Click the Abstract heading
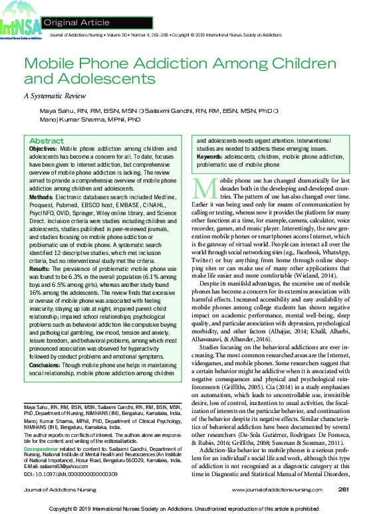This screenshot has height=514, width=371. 47,141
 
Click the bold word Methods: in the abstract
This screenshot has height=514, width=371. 42,198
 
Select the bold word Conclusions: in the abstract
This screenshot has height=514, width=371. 45,365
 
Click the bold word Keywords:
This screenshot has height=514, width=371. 210,157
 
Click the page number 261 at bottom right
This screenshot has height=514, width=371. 344,489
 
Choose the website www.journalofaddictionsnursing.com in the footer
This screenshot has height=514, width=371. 281,489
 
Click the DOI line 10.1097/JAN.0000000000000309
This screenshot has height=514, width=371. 70,473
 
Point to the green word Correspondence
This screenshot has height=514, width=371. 40,449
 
